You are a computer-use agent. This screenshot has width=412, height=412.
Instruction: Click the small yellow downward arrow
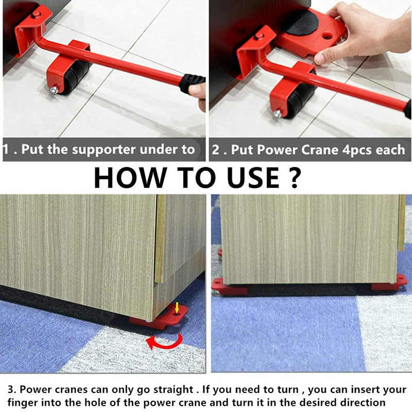tap(177, 308)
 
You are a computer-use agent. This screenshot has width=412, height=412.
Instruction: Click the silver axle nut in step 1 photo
tap(53, 90)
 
